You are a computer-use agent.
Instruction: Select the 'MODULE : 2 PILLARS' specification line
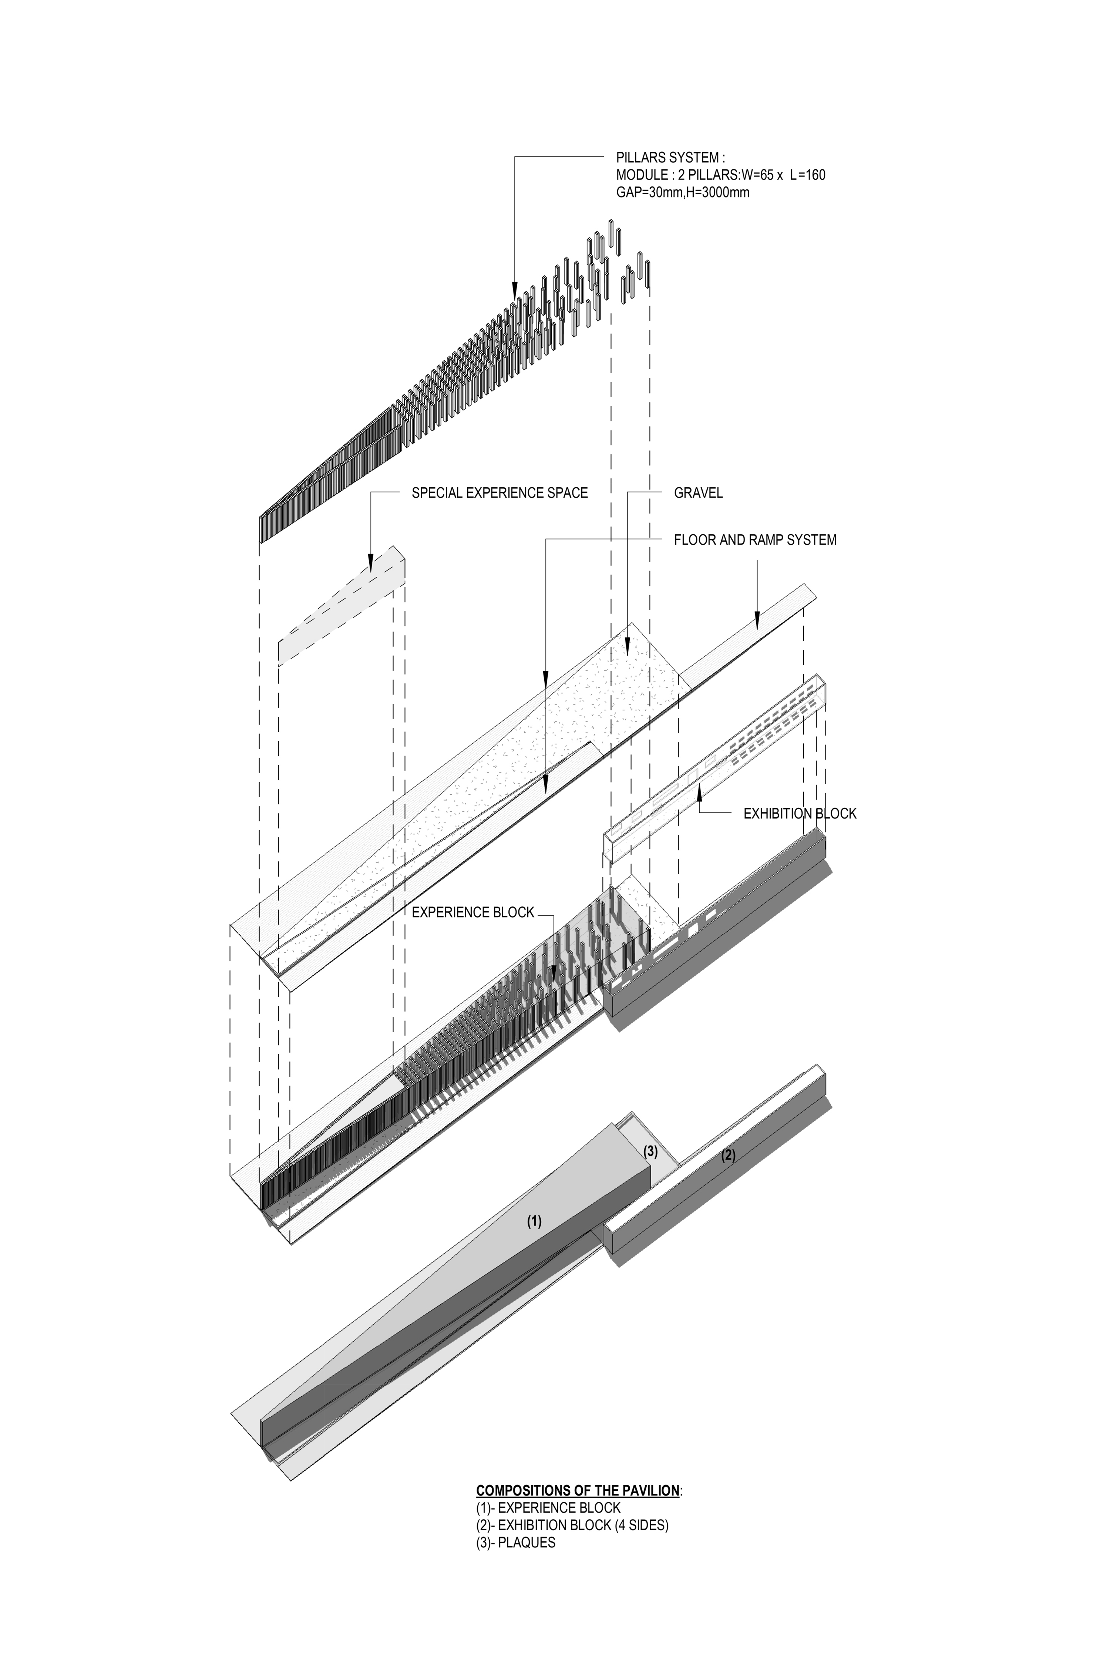coord(720,175)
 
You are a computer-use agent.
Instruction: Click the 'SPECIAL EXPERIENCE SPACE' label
coord(499,493)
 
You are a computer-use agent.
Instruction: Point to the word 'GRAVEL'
coord(698,493)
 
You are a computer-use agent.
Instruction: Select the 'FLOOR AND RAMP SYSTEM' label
coord(755,540)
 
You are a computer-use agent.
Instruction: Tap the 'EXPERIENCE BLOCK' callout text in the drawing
coord(472,912)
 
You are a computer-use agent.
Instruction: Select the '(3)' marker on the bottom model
coord(650,1152)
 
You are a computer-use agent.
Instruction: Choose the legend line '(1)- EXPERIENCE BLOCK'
coord(548,1508)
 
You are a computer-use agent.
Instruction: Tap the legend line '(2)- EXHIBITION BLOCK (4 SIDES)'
coord(572,1525)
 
